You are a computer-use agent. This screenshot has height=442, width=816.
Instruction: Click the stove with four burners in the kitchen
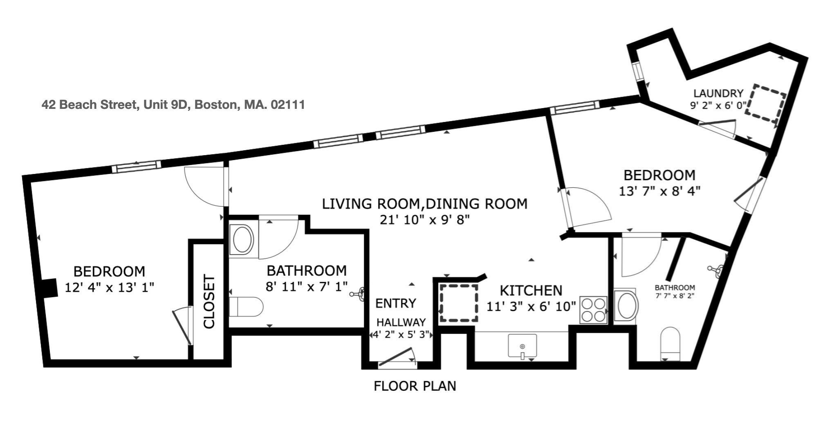pos(594,310)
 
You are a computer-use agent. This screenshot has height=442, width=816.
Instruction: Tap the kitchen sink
pos(522,346)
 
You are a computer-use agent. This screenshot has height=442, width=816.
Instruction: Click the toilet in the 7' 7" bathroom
pos(670,343)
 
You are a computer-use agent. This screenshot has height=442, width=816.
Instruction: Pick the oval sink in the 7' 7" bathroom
pos(625,306)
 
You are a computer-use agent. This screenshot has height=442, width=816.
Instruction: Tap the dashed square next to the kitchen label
pos(459,303)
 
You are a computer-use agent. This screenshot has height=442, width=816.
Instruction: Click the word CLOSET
pos(209,302)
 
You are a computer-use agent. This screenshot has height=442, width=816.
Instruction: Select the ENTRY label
pos(395,303)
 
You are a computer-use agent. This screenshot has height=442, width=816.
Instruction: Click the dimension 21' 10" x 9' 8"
pos(424,220)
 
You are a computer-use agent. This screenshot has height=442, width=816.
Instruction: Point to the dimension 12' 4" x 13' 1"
pos(109,287)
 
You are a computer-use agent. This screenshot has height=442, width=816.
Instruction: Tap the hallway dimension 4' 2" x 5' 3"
pos(401,335)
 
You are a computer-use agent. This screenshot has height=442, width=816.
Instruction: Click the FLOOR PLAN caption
pos(415,386)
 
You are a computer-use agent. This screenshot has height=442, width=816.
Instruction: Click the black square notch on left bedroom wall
pos(50,287)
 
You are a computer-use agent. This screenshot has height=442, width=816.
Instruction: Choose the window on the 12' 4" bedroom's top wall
pos(136,166)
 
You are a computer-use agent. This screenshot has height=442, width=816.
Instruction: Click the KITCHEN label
pos(531,291)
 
